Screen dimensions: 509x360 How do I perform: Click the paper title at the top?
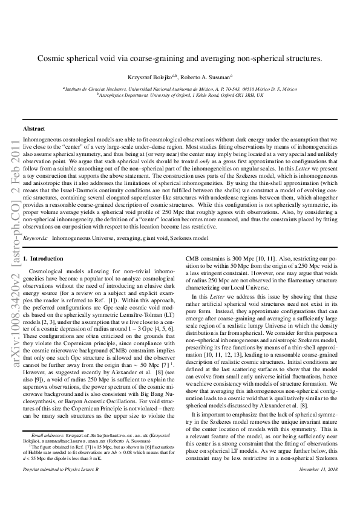(x=180, y=59)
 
